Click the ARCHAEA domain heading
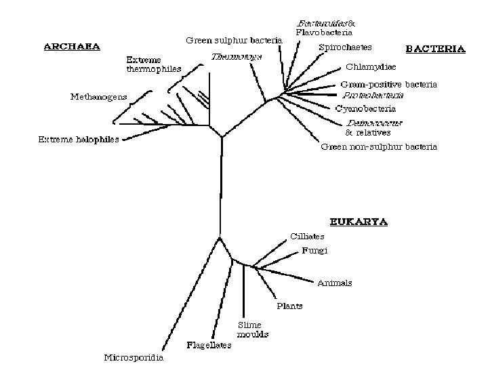[x=72, y=47]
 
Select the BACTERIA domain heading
[x=435, y=49]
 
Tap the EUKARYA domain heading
[x=359, y=222]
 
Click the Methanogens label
[x=98, y=96]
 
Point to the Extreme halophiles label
[x=78, y=140]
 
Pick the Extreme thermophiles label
[x=154, y=64]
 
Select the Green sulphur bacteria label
[x=234, y=40]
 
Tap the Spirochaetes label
[x=346, y=47]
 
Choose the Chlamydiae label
[x=371, y=66]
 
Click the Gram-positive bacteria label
[x=388, y=85]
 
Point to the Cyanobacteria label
[x=365, y=108]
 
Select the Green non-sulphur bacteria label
[x=379, y=146]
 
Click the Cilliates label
[x=307, y=237]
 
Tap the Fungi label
[x=315, y=250]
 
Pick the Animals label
[x=335, y=283]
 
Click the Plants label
[x=289, y=306]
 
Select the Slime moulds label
[x=253, y=330]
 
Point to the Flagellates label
[x=209, y=345]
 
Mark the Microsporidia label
[x=133, y=357]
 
